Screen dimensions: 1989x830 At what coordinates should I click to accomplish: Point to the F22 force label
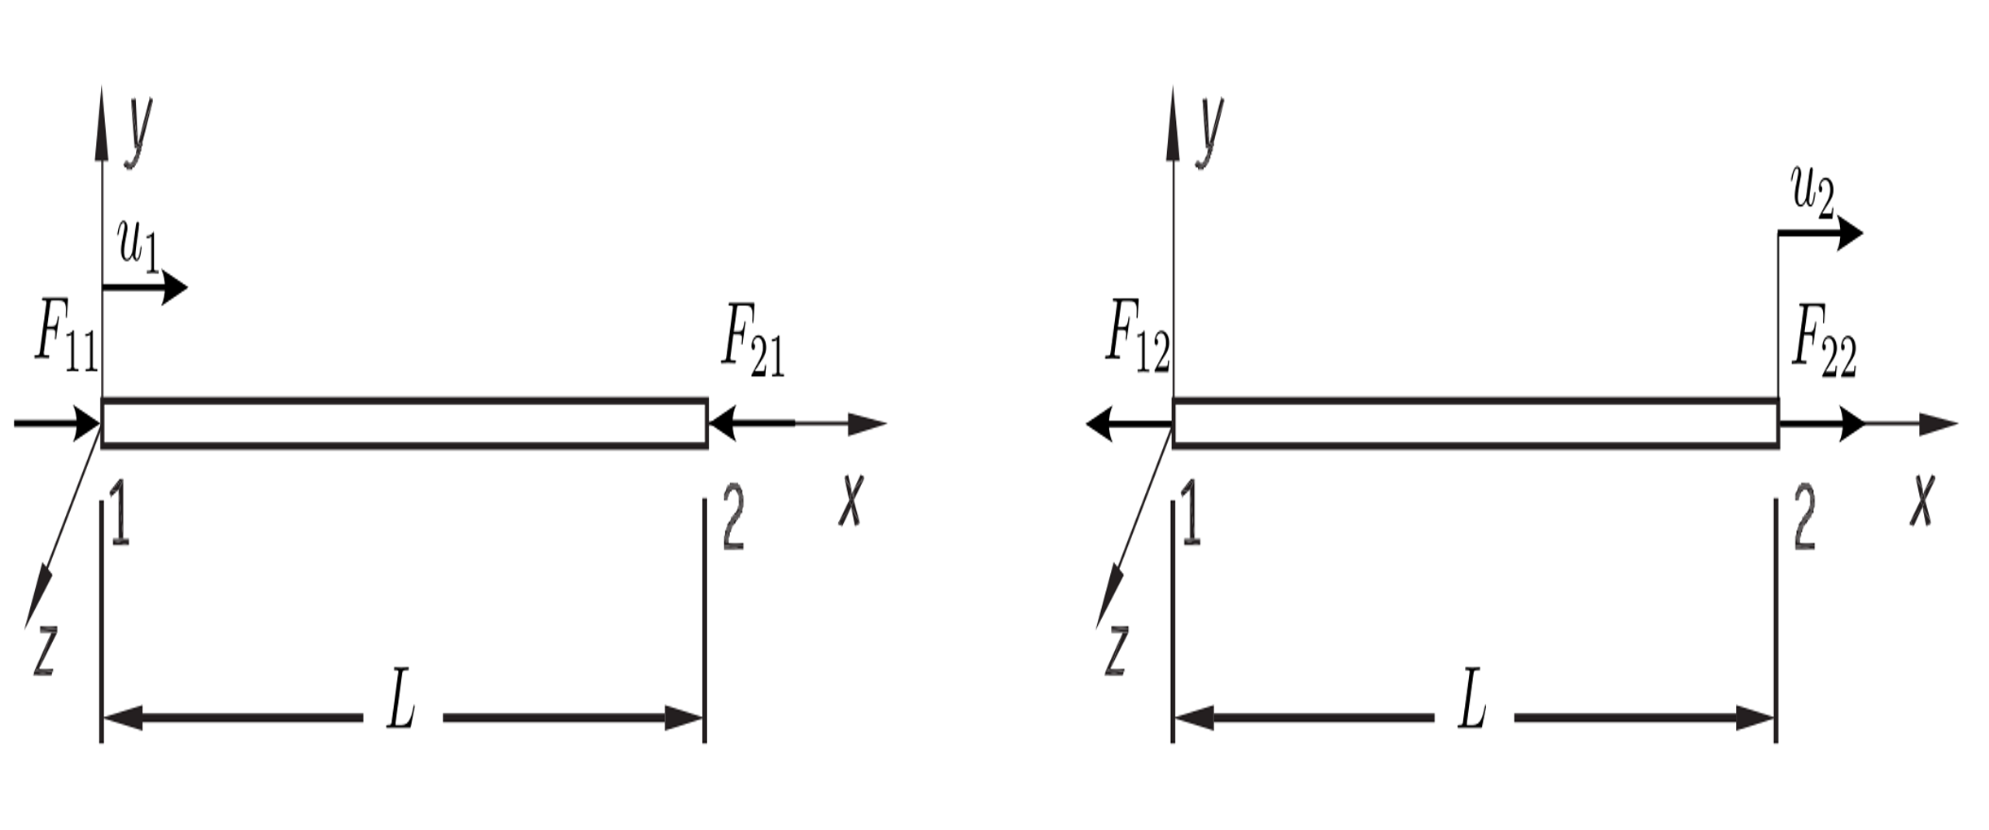pos(1825,342)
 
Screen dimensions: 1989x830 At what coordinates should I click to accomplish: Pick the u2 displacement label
pos(1813,194)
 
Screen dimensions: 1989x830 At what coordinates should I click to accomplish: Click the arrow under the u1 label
pos(145,287)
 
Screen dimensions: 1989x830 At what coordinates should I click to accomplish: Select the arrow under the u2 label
pos(1821,234)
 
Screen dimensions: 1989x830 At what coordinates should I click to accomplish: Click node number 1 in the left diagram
pos(120,512)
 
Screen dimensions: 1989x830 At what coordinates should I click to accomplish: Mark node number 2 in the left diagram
pos(733,518)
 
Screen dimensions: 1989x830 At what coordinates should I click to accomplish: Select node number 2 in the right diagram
pos(1804,518)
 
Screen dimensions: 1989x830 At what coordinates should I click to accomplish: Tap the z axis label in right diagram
pos(1116,650)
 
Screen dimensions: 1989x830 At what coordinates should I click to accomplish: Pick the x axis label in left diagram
pos(850,500)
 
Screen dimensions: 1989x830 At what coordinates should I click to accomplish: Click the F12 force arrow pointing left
pos(1130,424)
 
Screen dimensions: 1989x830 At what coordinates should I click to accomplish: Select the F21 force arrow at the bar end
pos(751,424)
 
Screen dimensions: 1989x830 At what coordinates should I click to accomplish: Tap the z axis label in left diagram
pos(44,650)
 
